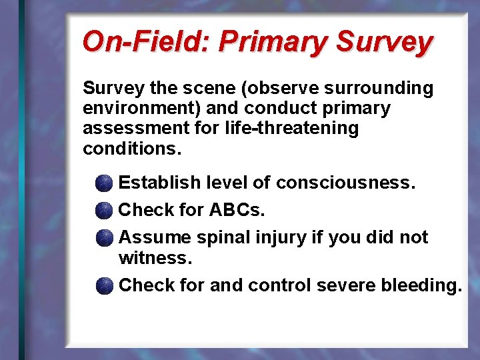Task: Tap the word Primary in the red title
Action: point(274,41)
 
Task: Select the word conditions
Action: point(131,148)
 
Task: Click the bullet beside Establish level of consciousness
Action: point(103,183)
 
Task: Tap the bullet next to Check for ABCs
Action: point(103,211)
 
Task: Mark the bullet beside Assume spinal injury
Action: point(103,238)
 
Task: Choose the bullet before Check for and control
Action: point(103,286)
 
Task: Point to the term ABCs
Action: point(237,211)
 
